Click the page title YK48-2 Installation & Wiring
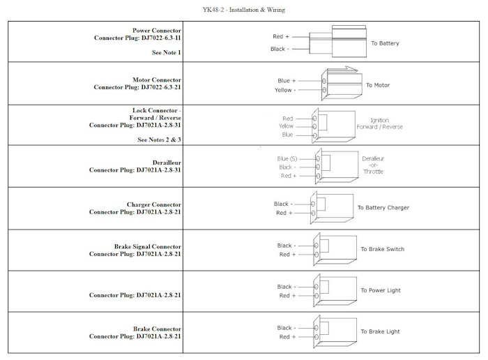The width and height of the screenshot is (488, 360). (244, 10)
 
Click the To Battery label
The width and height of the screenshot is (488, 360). (385, 43)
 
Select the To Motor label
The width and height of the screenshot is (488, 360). (378, 85)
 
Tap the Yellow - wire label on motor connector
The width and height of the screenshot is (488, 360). (285, 90)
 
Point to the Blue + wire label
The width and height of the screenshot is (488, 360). (287, 81)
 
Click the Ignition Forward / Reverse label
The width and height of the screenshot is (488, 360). (380, 123)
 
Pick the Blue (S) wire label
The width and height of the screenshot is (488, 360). (287, 158)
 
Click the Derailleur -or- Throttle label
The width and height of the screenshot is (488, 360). (373, 165)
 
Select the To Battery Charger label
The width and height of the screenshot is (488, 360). (383, 207)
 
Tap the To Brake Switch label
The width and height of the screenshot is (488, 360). (383, 249)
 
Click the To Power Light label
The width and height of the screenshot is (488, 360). (381, 290)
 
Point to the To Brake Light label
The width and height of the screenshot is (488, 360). (380, 331)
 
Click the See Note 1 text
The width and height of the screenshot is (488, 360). (167, 52)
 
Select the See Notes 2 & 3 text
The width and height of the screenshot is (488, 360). (160, 140)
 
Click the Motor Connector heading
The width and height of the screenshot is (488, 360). (157, 80)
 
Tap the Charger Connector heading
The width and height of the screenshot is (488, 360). (154, 204)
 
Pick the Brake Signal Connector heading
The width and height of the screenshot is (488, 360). (148, 247)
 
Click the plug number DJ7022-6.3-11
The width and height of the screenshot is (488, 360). (161, 38)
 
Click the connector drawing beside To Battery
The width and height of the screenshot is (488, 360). (338, 41)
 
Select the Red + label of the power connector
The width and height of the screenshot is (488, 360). (281, 36)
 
